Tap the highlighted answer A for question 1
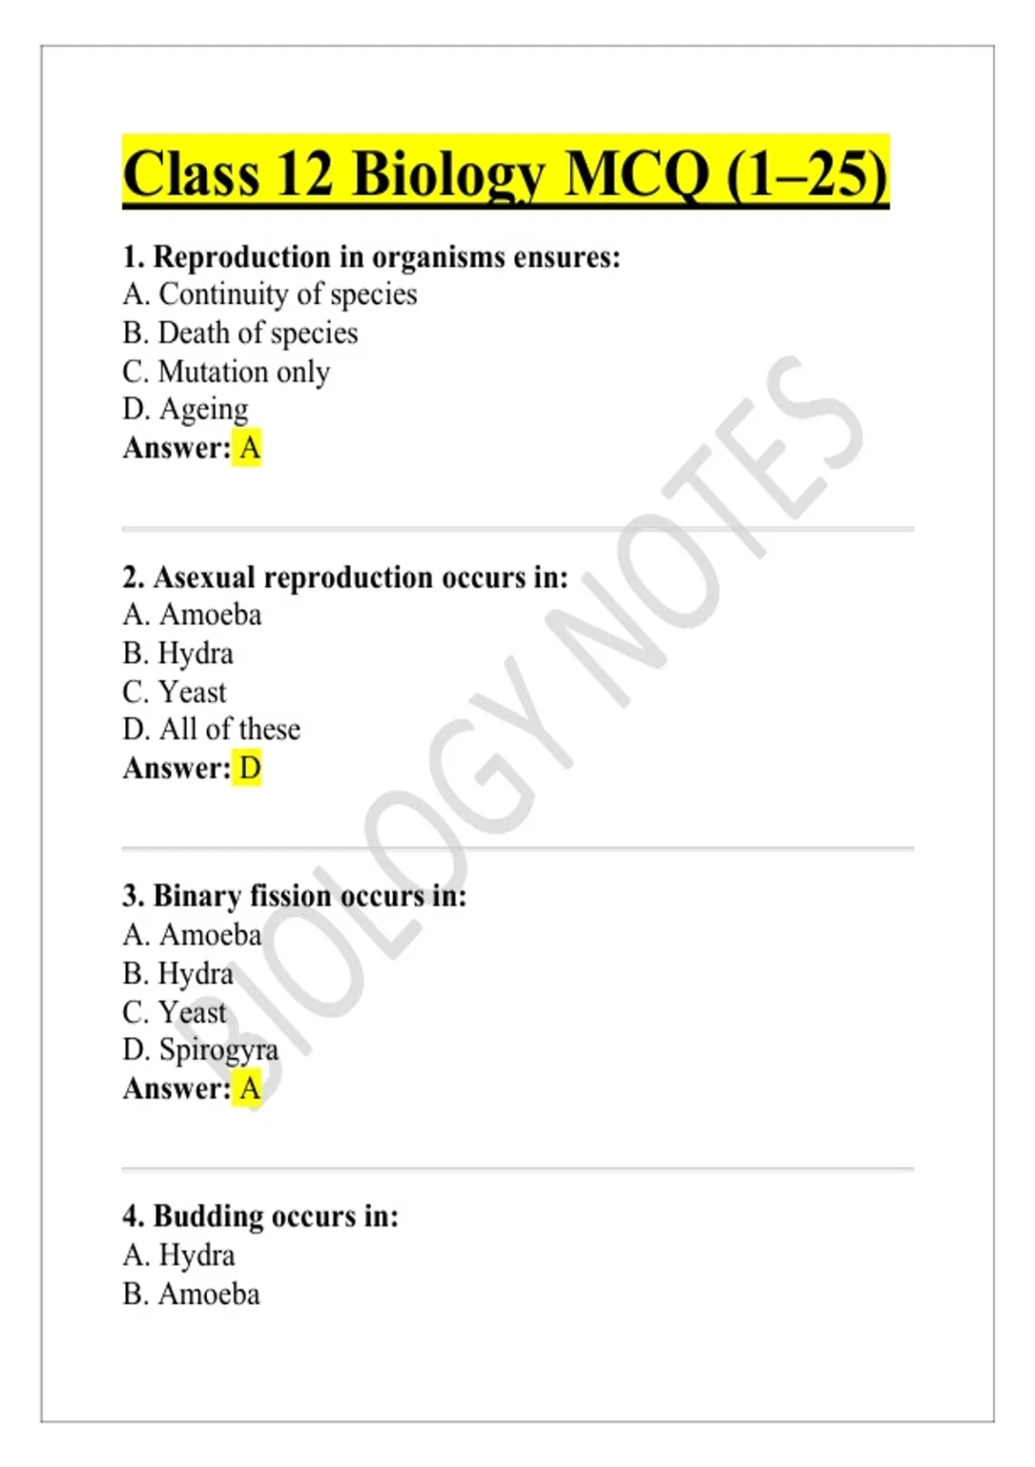tap(248, 448)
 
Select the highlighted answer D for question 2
tap(248, 768)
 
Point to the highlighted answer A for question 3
tap(248, 1088)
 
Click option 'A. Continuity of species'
tap(269, 294)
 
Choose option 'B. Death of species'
tap(240, 333)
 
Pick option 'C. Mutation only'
tap(226, 371)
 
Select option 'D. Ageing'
tap(185, 409)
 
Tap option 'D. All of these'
tap(211, 729)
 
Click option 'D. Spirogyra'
tap(200, 1049)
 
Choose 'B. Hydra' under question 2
tap(178, 653)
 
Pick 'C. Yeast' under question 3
tap(174, 1011)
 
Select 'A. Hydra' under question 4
tap(179, 1255)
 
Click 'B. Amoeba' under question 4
tap(191, 1294)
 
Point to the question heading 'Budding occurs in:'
tap(260, 1216)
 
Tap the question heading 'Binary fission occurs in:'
tap(294, 896)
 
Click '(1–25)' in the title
tap(806, 174)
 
